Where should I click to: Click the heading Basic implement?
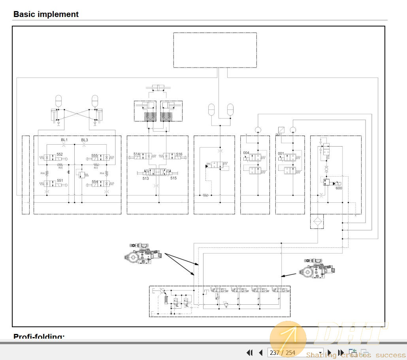tap(46, 15)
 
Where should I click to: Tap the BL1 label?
tap(64, 140)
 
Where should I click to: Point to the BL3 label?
tap(85, 140)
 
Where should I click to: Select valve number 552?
tap(60, 155)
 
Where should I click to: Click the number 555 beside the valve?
tap(94, 156)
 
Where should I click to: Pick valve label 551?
tap(60, 180)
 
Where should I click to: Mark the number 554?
tap(94, 182)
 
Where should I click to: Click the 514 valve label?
tap(137, 154)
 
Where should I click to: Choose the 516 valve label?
tap(179, 154)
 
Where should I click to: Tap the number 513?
tap(146, 178)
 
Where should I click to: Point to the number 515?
tap(173, 178)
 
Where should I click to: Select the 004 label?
tap(246, 153)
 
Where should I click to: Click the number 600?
tap(339, 188)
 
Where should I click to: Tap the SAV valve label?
tap(208, 163)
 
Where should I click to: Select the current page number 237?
tap(275, 353)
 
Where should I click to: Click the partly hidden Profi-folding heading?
tap(39, 337)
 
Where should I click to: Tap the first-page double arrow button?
tap(249, 353)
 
